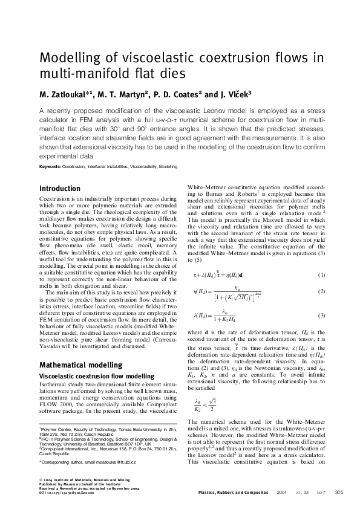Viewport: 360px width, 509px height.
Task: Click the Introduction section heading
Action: (x=59, y=189)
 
